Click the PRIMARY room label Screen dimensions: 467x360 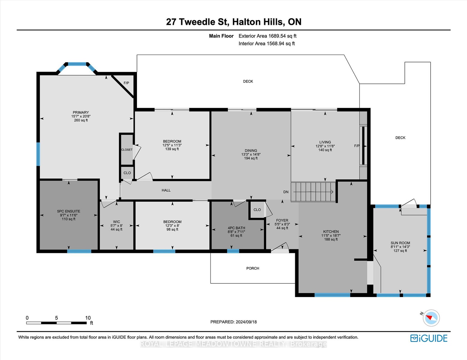pyautogui.click(x=80, y=112)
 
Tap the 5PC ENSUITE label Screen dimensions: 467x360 pyautogui.click(x=68, y=211)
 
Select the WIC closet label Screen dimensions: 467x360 pyautogui.click(x=117, y=222)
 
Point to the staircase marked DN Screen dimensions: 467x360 pyautogui.click(x=313, y=192)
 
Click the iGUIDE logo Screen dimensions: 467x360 pyautogui.click(x=429, y=338)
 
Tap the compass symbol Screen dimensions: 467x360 pyautogui.click(x=431, y=318)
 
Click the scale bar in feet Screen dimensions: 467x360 pyautogui.click(x=56, y=323)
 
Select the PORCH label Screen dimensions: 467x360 pyautogui.click(x=253, y=268)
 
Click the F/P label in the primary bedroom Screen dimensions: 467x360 pyautogui.click(x=126, y=83)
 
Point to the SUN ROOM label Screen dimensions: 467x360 pyautogui.click(x=400, y=243)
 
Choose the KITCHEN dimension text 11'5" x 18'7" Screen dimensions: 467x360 pyautogui.click(x=331, y=235)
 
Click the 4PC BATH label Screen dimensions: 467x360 pyautogui.click(x=236, y=228)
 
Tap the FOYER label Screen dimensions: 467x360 pyautogui.click(x=282, y=220)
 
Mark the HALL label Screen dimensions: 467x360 pyautogui.click(x=166, y=190)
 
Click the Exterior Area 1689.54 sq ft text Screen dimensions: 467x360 pyautogui.click(x=268, y=36)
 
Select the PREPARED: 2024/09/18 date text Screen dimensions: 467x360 pyautogui.click(x=234, y=322)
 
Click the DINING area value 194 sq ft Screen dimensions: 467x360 pyautogui.click(x=251, y=158)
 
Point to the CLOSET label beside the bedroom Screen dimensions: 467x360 pyautogui.click(x=127, y=150)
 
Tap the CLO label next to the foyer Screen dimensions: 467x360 pyautogui.click(x=257, y=210)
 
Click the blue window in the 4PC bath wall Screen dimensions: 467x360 pyautogui.click(x=233, y=251)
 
